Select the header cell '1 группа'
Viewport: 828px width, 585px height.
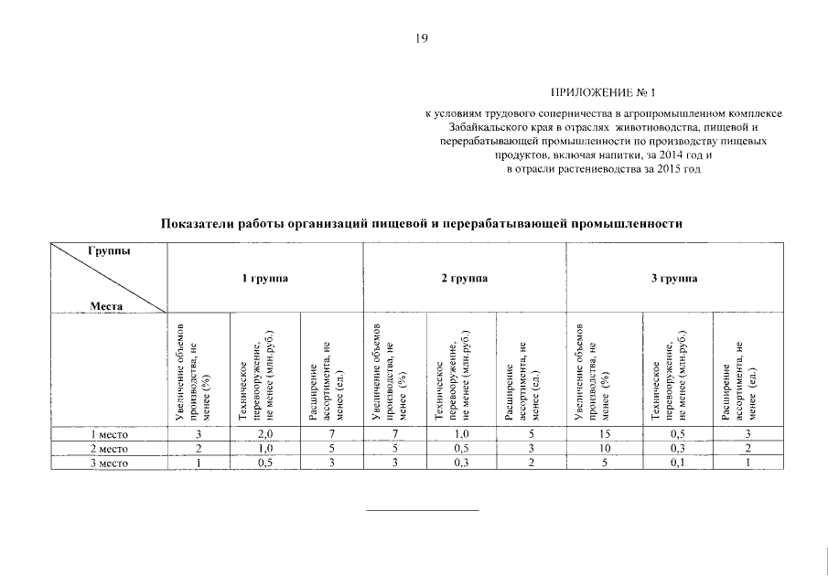click(x=264, y=278)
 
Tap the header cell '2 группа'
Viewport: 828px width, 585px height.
click(x=464, y=278)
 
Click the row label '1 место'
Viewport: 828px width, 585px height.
click(x=109, y=434)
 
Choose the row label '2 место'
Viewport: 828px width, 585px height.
click(x=109, y=449)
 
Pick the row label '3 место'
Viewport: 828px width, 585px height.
click(x=109, y=463)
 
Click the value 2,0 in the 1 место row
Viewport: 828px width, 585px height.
click(x=265, y=434)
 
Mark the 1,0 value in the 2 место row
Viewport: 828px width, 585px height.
click(x=265, y=449)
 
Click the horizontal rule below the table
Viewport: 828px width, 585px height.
click(x=422, y=510)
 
